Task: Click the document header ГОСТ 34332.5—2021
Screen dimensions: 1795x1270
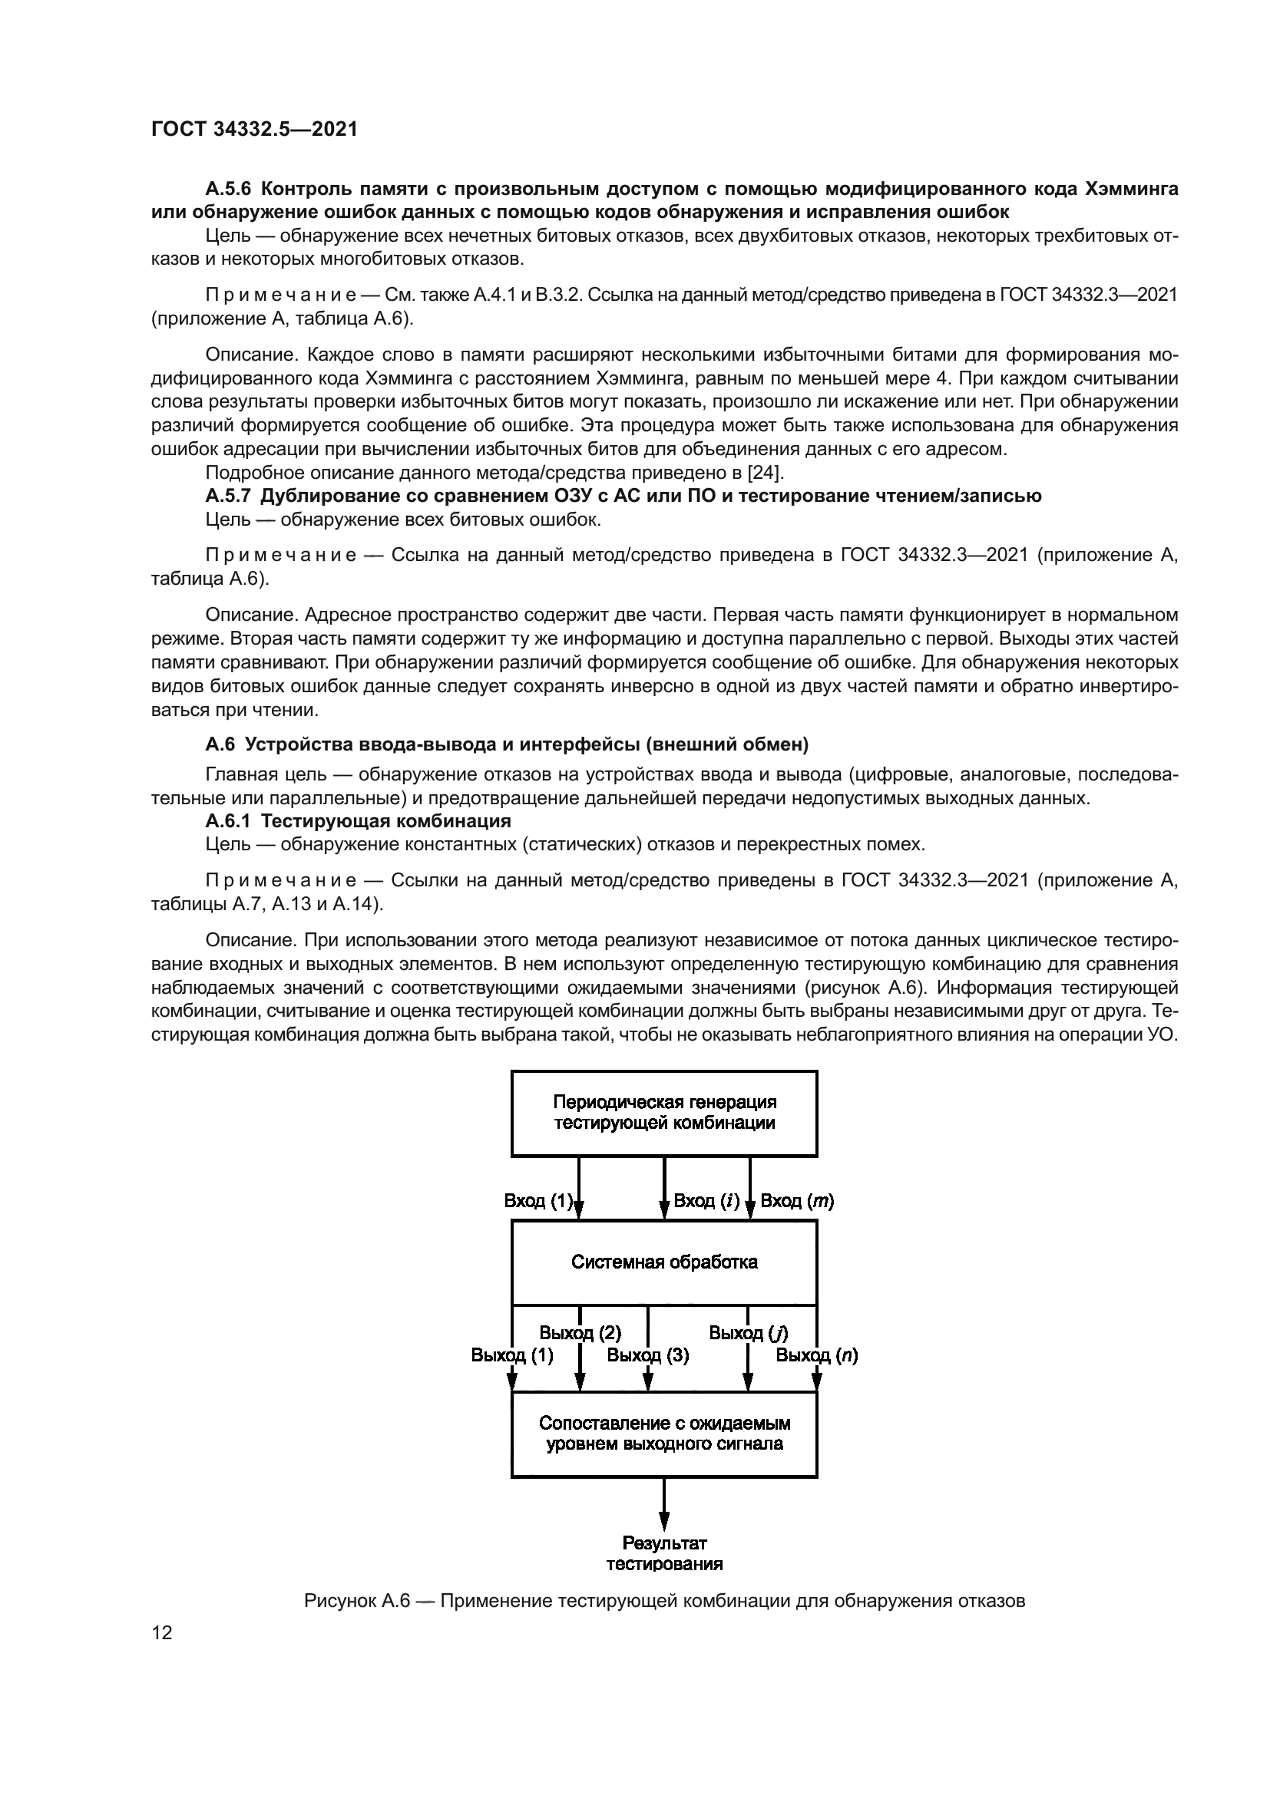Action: click(x=254, y=130)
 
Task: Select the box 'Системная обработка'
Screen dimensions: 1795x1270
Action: click(x=664, y=1262)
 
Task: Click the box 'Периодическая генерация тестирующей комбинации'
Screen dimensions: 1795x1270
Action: click(x=664, y=1114)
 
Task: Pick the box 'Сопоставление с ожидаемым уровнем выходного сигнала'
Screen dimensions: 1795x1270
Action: click(x=664, y=1434)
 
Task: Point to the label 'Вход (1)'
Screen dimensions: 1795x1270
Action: click(x=539, y=1200)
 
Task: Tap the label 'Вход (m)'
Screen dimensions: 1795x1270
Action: click(x=797, y=1200)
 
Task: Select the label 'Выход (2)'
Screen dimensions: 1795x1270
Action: click(x=580, y=1332)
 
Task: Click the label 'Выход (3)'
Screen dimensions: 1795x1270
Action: click(x=648, y=1354)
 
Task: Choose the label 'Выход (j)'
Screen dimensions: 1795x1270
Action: click(x=749, y=1332)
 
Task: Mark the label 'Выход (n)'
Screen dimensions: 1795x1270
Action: click(x=816, y=1354)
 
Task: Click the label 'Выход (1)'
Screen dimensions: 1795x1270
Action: click(x=512, y=1354)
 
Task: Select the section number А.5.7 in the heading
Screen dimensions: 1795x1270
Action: click(x=228, y=496)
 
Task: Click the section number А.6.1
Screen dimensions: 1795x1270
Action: click(x=228, y=821)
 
